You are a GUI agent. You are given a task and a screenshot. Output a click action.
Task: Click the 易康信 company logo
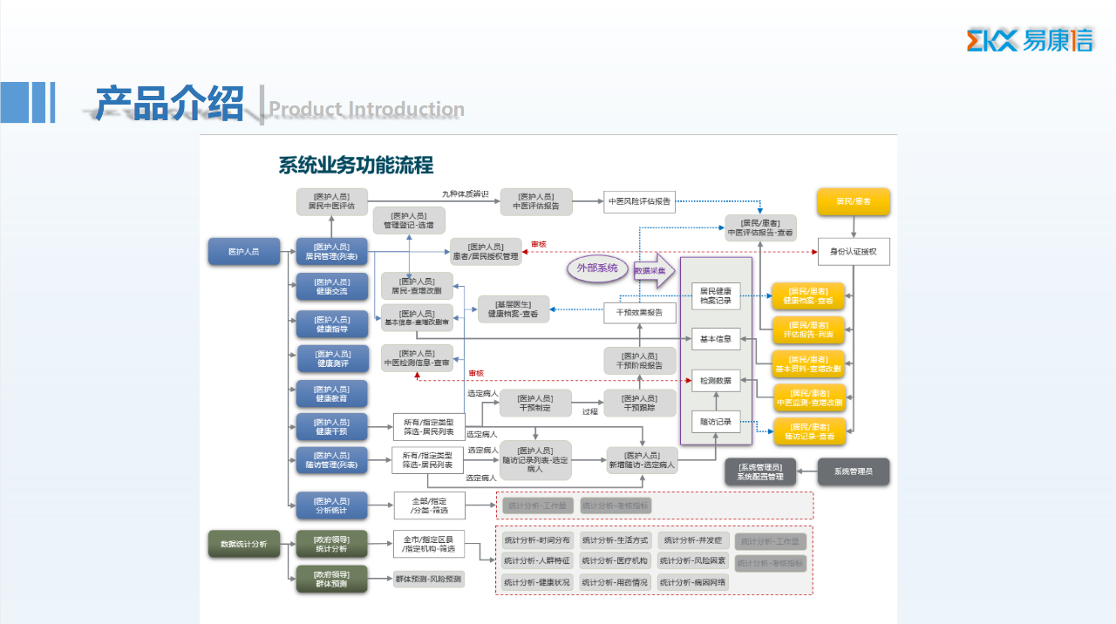click(x=1030, y=40)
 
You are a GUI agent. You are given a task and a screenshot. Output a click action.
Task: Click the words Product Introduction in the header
click(x=366, y=109)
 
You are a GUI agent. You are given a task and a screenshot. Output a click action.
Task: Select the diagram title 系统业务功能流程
click(x=356, y=165)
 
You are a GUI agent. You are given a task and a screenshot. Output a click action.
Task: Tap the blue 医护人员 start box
click(x=244, y=252)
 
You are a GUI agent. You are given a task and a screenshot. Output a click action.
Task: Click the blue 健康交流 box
click(x=331, y=287)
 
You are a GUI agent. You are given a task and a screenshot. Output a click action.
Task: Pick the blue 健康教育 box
click(x=331, y=394)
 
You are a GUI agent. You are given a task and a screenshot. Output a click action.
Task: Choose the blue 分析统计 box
click(x=331, y=505)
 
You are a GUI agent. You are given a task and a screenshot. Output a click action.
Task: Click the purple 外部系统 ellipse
click(x=597, y=268)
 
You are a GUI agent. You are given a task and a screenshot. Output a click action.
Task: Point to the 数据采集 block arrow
click(x=654, y=271)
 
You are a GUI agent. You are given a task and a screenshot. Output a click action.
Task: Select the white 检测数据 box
click(x=716, y=381)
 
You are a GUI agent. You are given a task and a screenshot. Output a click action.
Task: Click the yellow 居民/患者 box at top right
click(x=853, y=202)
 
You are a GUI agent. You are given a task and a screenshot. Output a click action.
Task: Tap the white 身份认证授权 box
click(x=854, y=252)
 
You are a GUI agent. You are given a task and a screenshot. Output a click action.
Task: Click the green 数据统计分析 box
click(x=244, y=544)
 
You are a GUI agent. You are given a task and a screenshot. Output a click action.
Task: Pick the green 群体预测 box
click(x=331, y=579)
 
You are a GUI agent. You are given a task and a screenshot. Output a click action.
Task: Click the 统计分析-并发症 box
click(x=692, y=540)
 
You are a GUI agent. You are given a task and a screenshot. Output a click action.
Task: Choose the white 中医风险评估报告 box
click(x=639, y=201)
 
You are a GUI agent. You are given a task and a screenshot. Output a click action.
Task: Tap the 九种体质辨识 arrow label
click(x=465, y=193)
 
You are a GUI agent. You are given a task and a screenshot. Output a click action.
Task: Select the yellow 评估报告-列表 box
click(x=807, y=329)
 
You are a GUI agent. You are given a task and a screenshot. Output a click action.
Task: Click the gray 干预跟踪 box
click(x=639, y=403)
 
